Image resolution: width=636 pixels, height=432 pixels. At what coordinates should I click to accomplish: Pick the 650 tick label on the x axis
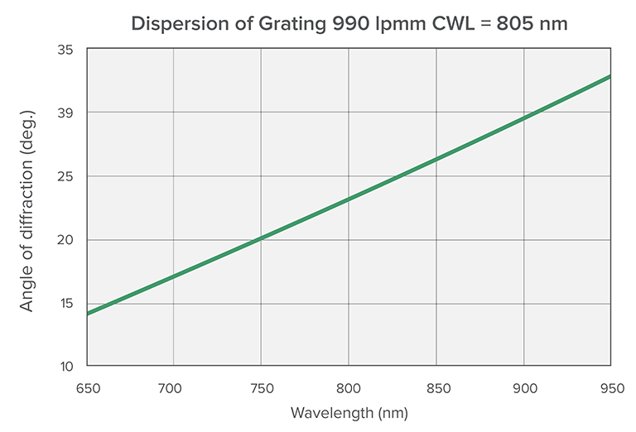click(85, 386)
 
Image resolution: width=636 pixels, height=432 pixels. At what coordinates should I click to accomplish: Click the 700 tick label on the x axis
click(173, 386)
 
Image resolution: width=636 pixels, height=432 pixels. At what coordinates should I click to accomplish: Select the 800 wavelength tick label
click(349, 386)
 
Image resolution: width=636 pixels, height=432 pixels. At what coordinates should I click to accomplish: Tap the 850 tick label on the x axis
click(436, 386)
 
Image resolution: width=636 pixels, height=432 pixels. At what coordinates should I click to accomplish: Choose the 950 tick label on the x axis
click(610, 386)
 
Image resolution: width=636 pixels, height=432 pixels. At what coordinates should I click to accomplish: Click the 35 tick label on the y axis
click(66, 50)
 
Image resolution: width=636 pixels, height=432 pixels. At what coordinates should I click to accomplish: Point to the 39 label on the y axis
click(66, 113)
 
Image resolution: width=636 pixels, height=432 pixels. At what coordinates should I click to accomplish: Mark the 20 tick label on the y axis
click(66, 240)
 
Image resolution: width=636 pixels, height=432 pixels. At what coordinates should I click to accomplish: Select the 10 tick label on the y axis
click(66, 367)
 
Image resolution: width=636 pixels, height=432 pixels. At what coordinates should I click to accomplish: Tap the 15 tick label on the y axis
click(66, 303)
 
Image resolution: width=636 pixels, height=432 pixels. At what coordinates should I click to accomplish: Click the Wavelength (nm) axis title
click(349, 412)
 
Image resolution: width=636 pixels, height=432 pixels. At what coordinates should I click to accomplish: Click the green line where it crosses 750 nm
click(261, 238)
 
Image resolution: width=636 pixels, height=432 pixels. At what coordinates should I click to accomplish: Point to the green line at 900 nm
click(523, 118)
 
